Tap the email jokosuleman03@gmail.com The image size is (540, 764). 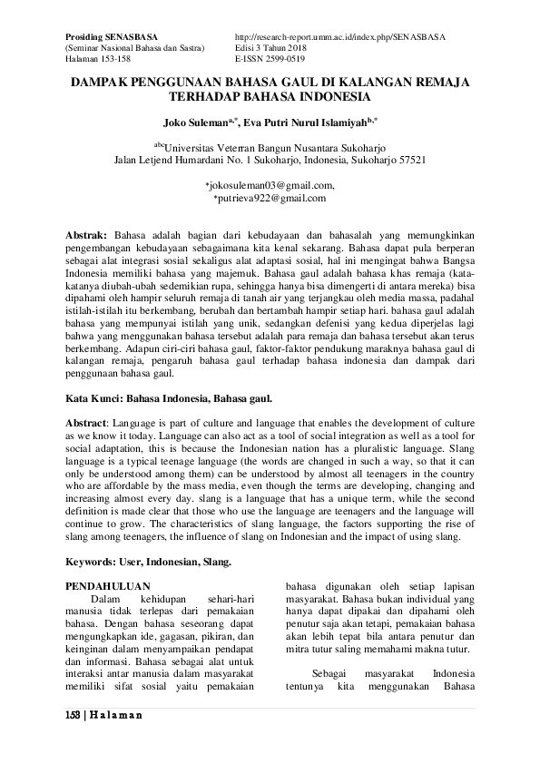click(x=271, y=185)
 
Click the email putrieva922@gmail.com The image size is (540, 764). click(x=271, y=198)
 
